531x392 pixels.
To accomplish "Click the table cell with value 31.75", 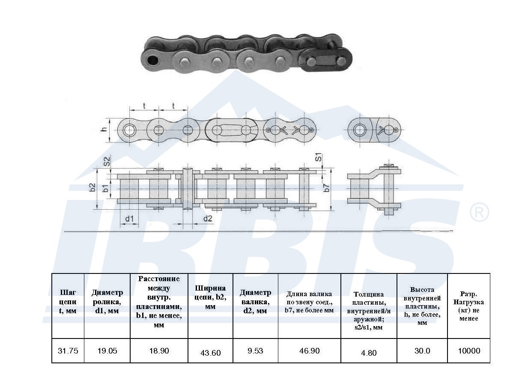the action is [68, 351].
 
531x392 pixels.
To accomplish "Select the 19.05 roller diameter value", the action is [107, 351].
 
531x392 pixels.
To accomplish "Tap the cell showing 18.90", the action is [159, 351].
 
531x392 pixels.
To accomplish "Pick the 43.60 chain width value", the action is [210, 353].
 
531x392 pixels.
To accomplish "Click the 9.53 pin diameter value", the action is [255, 351].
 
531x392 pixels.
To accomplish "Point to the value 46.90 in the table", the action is [309, 351].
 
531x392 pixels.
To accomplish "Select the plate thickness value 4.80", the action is [369, 353].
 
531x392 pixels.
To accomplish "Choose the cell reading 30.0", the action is [422, 351].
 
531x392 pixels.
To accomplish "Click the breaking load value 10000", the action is [469, 351].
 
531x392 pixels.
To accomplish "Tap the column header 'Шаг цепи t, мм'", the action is [68, 302].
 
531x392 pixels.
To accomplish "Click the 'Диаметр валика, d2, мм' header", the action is [255, 302].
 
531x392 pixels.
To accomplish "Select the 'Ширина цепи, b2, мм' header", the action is [210, 297].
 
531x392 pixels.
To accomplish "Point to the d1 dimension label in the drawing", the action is [129, 219].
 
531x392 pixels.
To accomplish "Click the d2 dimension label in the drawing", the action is [208, 218].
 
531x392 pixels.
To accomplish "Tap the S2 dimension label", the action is [107, 161].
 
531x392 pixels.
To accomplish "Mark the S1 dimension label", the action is [319, 157].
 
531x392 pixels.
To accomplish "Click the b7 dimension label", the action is [327, 187].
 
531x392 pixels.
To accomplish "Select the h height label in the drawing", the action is [104, 130].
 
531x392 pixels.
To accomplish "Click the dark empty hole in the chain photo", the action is [152, 60].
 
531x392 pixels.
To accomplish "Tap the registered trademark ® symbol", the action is [479, 212].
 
